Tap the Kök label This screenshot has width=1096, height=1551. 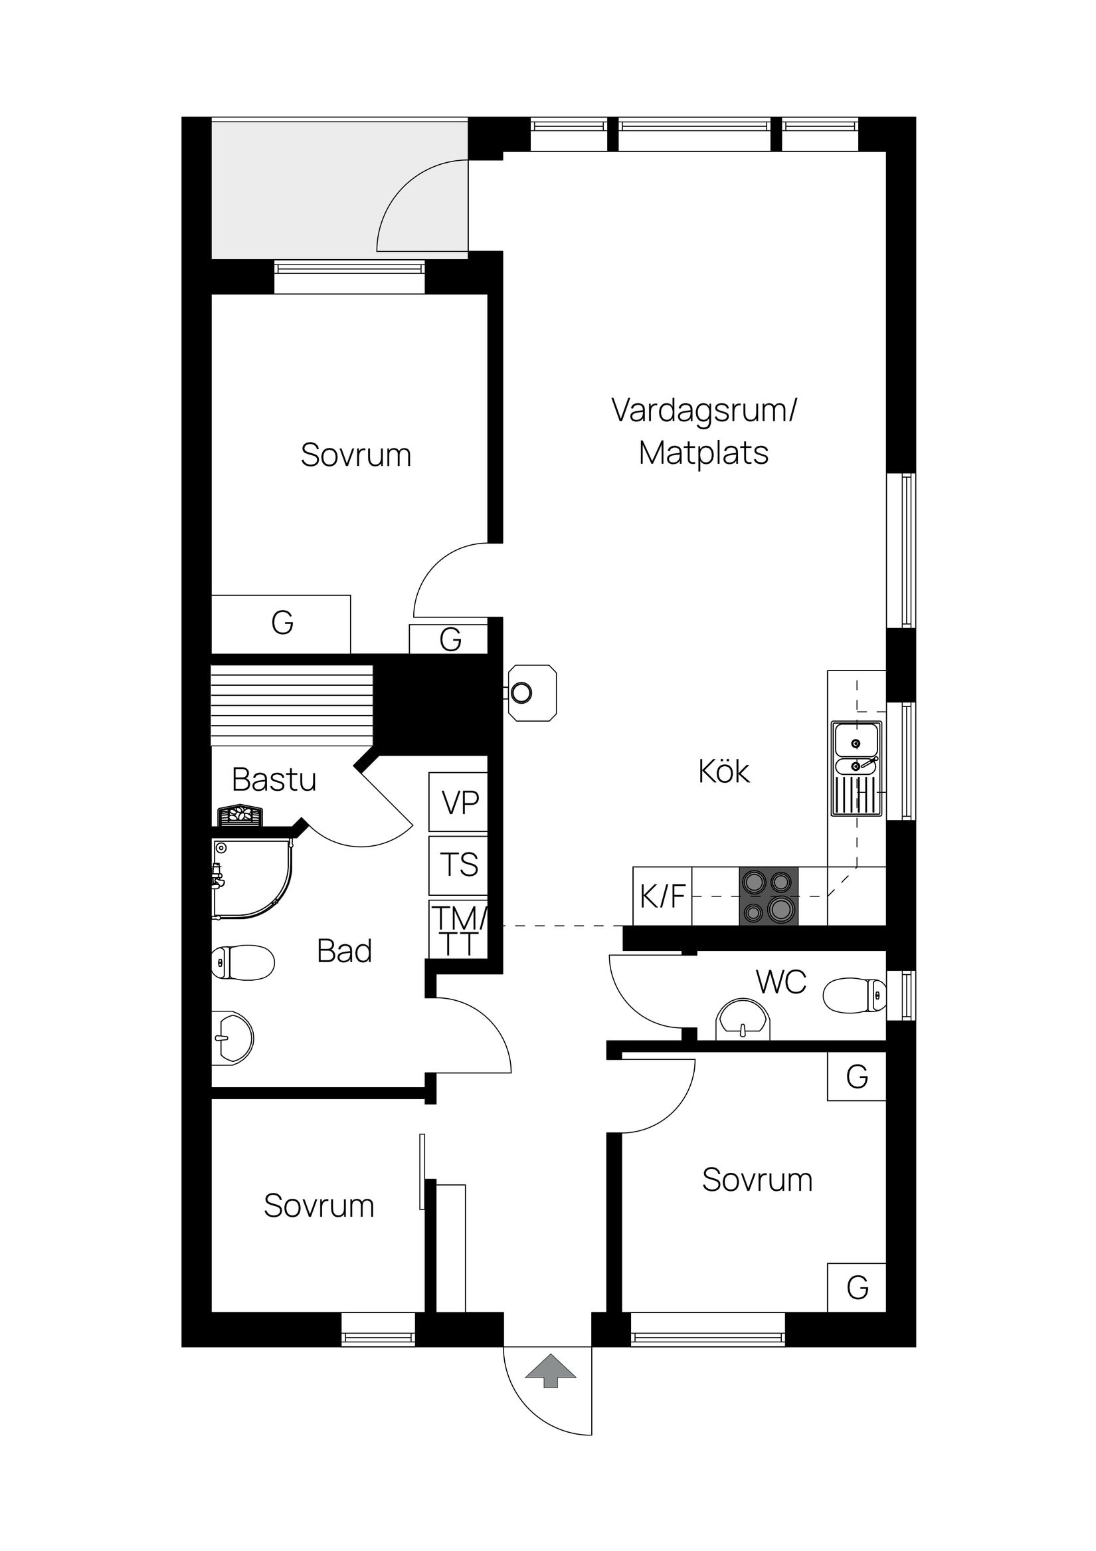pyautogui.click(x=723, y=772)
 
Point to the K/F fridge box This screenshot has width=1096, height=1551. pyautogui.click(x=662, y=896)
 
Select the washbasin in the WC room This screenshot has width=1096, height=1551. pyautogui.click(x=743, y=1021)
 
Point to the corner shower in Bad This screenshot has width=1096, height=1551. pyautogui.click(x=250, y=879)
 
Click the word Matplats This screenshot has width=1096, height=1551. pyautogui.click(x=703, y=453)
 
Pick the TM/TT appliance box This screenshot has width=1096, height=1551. pyautogui.click(x=458, y=930)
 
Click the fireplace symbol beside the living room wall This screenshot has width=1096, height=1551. pyautogui.click(x=532, y=693)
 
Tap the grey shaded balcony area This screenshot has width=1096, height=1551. pyautogui.click(x=297, y=189)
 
